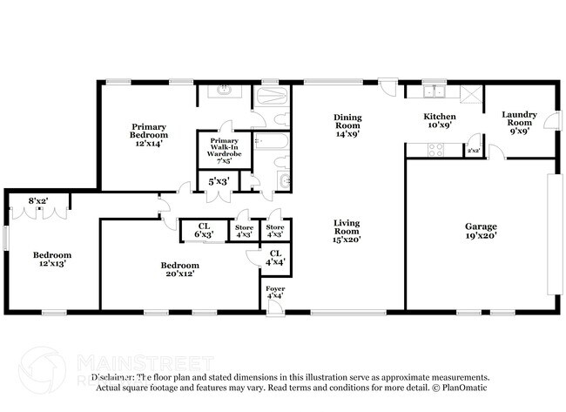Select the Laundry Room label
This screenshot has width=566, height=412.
point(519,118)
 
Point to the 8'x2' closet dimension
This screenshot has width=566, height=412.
point(39,201)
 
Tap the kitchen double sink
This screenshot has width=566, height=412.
point(434,90)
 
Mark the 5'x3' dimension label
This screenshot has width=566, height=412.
point(218,181)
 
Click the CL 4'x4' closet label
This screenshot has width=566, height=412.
point(275,257)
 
